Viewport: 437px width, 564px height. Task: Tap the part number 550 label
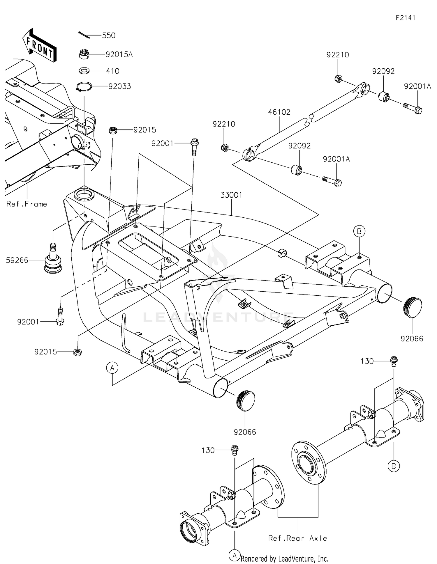click(109, 36)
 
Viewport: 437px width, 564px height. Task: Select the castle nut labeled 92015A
click(84, 54)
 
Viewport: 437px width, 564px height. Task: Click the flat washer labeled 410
click(84, 71)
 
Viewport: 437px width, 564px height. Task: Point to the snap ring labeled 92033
click(84, 86)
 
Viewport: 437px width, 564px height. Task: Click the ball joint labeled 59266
click(52, 260)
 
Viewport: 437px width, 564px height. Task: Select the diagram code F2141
click(405, 17)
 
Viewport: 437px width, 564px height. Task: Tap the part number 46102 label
click(279, 112)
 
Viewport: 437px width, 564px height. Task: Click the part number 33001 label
click(231, 195)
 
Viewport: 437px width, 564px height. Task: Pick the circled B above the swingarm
click(359, 231)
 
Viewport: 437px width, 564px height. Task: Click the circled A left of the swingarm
click(112, 368)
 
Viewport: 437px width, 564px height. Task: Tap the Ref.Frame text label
click(27, 204)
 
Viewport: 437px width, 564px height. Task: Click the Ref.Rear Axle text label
click(297, 538)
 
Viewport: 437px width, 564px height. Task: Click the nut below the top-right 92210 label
click(338, 79)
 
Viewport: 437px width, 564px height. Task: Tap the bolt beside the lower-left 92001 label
click(60, 317)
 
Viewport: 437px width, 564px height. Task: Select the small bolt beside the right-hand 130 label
click(394, 361)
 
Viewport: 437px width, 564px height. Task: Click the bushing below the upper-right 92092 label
click(384, 96)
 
